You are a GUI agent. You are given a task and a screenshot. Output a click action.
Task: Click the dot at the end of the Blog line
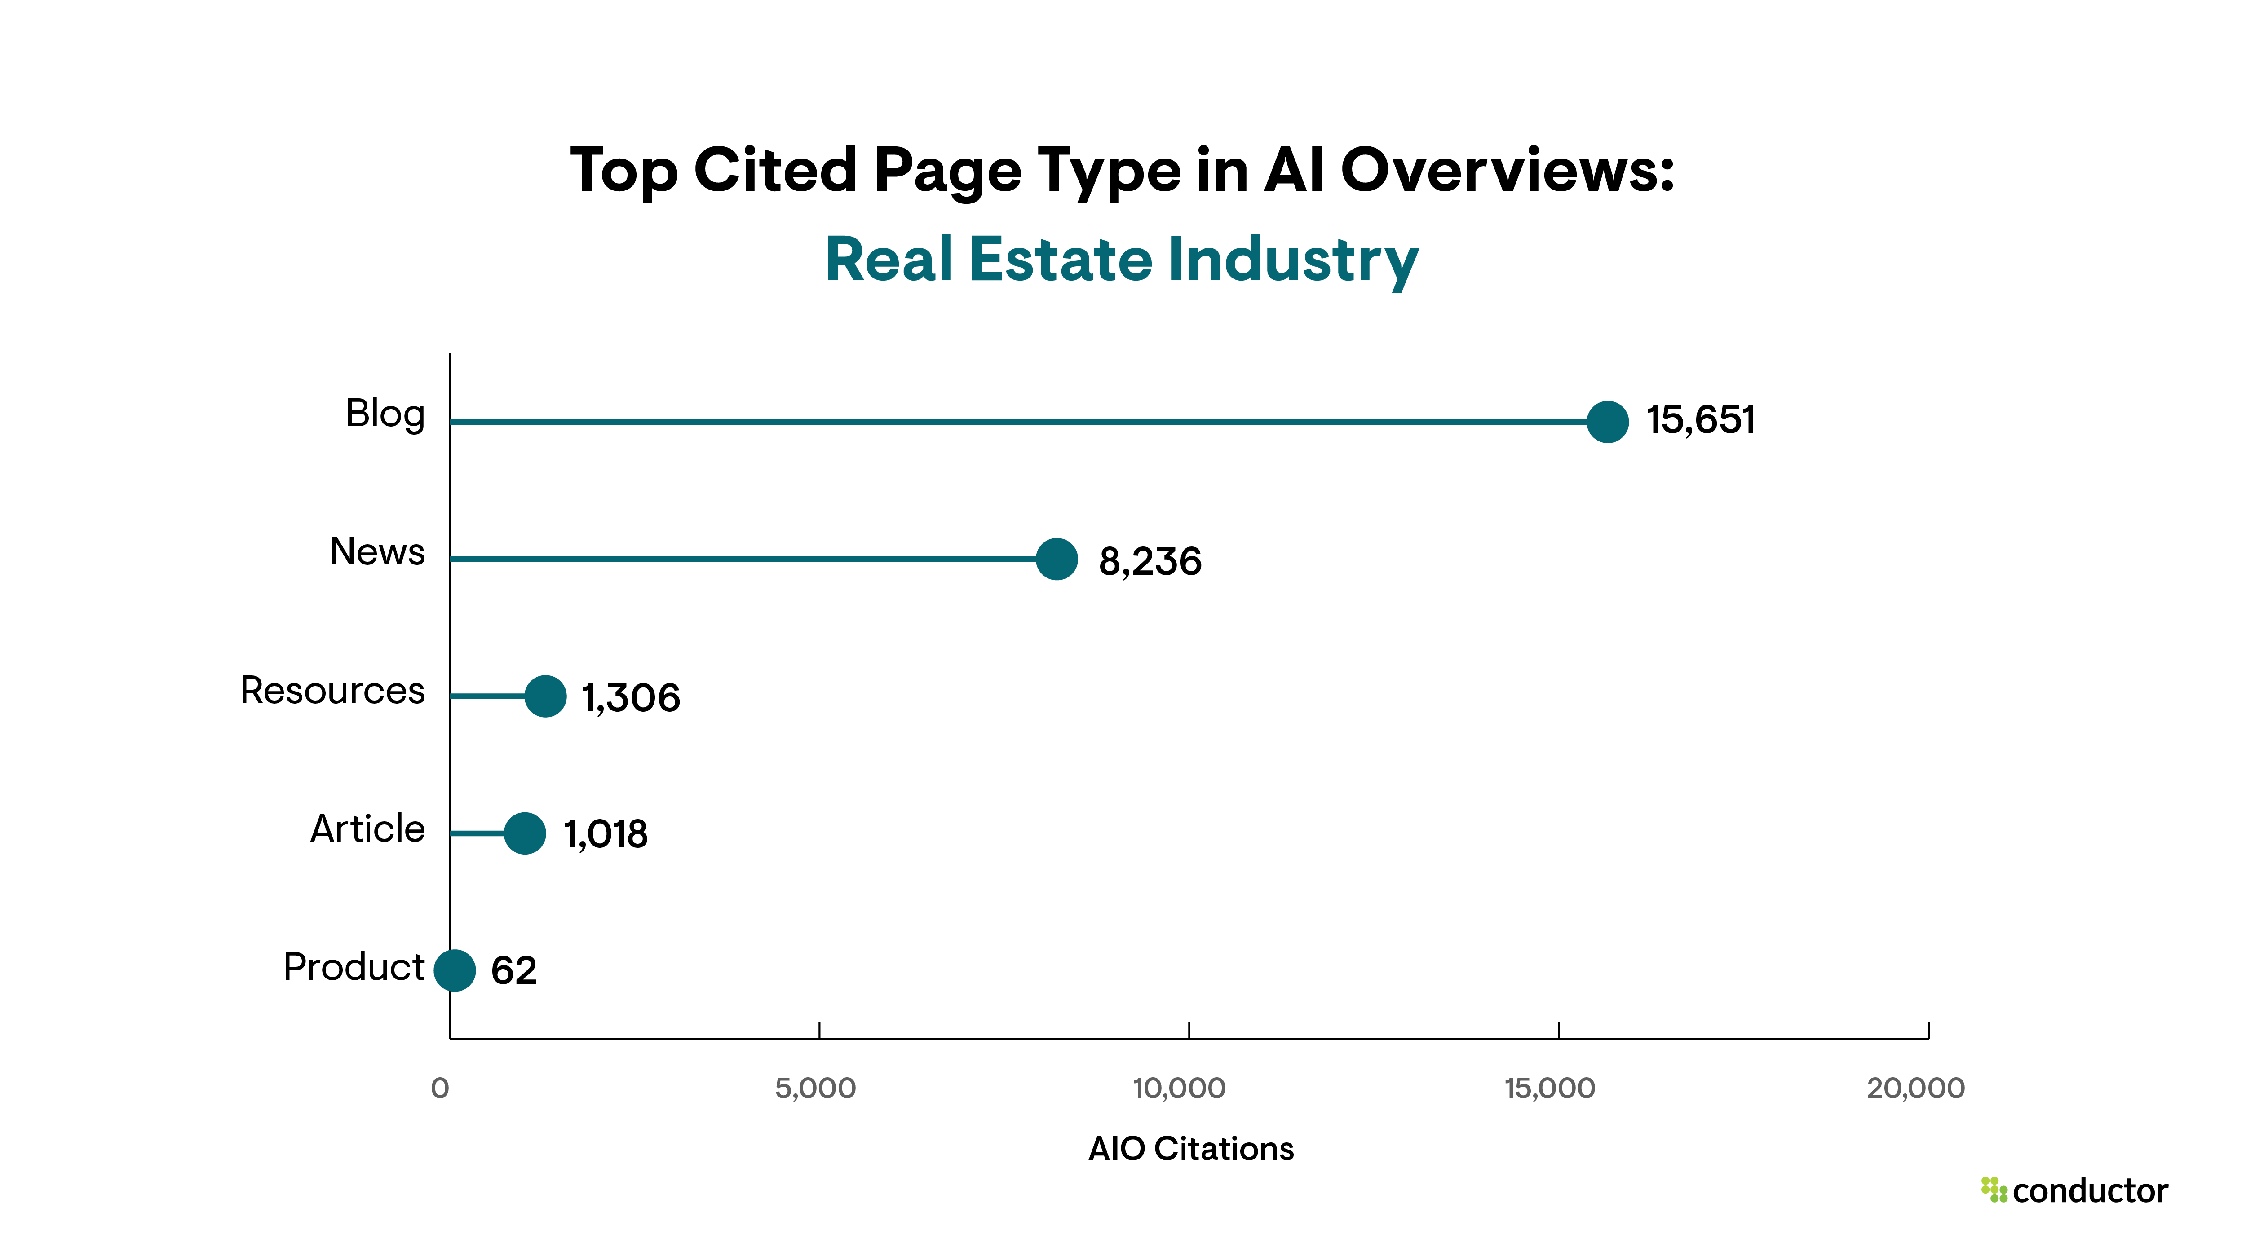pos(1607,422)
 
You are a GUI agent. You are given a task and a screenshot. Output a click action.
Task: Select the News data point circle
pos(1057,559)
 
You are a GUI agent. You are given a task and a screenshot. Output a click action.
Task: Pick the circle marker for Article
pos(525,833)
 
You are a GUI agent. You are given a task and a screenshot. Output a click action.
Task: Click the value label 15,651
pos(1700,420)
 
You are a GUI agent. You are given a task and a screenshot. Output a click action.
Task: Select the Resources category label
pos(332,690)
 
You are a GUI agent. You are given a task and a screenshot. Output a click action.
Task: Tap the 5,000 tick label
pos(815,1088)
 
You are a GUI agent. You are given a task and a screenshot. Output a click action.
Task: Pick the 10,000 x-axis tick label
pos(1179,1088)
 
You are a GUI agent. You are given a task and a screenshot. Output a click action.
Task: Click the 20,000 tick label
pos(1915,1088)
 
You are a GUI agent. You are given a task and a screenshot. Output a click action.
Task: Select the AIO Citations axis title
pos(1191,1149)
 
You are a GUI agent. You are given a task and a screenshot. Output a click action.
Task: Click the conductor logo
pos(2075,1190)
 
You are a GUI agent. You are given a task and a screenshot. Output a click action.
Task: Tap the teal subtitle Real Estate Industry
pos(1121,260)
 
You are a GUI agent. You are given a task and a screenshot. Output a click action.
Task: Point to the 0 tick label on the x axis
pos(440,1088)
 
